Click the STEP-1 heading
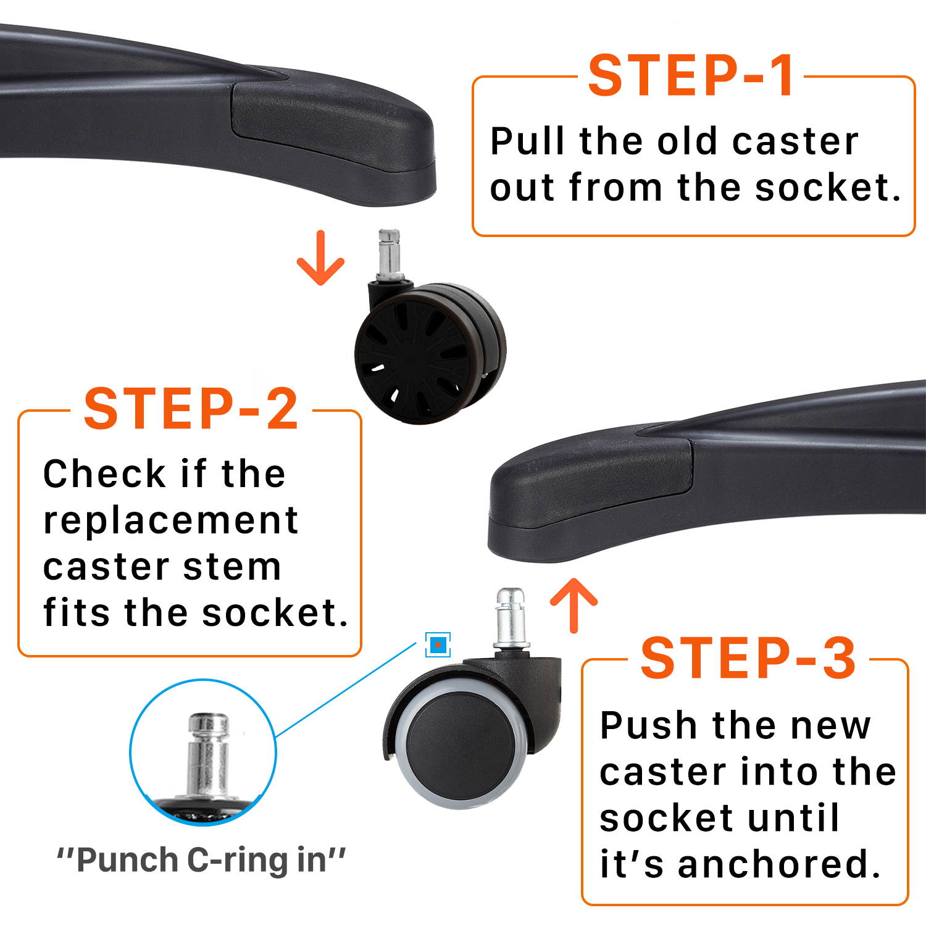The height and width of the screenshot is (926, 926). (691, 76)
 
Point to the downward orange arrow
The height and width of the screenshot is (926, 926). (320, 257)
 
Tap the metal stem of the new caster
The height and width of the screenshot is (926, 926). (511, 619)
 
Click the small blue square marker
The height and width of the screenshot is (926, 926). (438, 645)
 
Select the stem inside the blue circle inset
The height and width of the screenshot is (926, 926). (208, 756)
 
